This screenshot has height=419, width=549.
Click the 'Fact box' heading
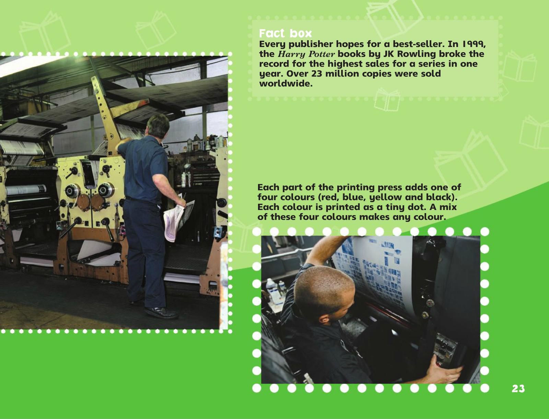(x=285, y=33)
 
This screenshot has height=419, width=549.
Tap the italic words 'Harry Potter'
(x=306, y=54)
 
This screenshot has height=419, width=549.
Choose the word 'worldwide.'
(x=286, y=83)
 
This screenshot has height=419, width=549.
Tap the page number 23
(x=518, y=388)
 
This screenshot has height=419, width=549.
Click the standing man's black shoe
(x=162, y=312)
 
